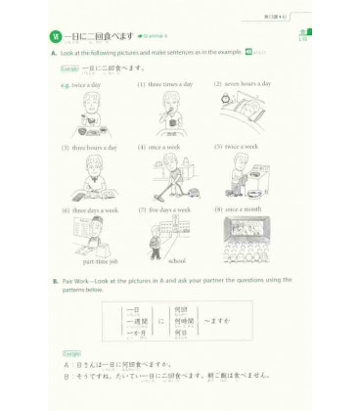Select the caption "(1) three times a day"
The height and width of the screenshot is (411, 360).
pos(163,84)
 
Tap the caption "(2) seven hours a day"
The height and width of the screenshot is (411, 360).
pos(241,84)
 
